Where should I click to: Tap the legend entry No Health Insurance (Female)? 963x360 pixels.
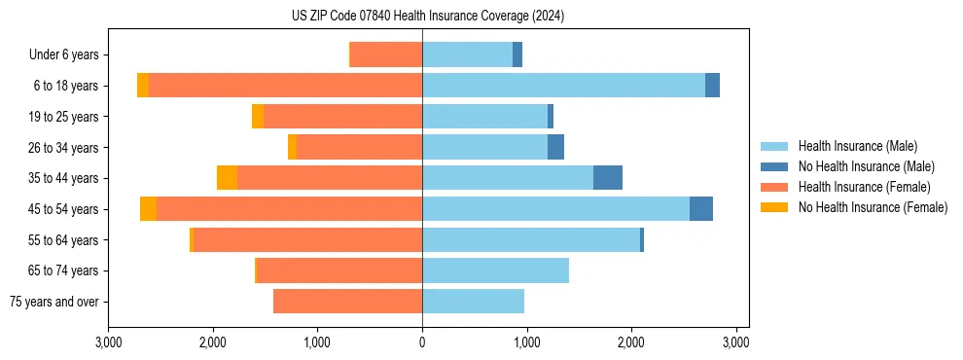(873, 207)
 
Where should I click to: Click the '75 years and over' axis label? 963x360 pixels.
(53, 302)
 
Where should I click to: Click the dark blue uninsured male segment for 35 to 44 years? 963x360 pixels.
(608, 178)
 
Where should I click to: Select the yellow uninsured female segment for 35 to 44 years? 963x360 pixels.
(227, 178)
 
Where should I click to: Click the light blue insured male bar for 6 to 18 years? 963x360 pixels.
(563, 86)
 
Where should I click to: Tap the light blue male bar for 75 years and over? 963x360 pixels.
(473, 302)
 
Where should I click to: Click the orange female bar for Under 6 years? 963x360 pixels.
(386, 54)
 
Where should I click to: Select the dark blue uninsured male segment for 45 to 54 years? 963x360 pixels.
(701, 209)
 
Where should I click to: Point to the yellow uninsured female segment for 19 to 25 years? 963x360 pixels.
(258, 117)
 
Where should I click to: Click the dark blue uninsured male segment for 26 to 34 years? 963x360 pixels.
(555, 147)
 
